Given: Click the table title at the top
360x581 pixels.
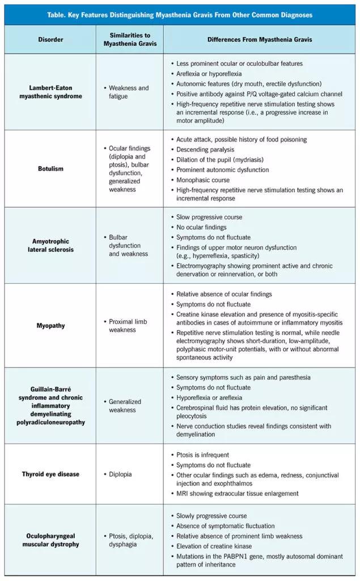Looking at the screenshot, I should click(180, 14).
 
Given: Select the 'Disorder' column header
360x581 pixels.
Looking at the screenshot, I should click(50, 40).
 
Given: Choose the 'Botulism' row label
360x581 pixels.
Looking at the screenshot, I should click(50, 169).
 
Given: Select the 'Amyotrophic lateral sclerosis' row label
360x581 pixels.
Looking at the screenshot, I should click(50, 245).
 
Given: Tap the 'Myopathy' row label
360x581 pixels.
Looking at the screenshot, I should click(50, 326).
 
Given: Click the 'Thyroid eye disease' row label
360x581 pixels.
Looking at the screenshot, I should click(50, 474).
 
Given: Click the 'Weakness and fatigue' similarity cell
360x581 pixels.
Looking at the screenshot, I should click(129, 92).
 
